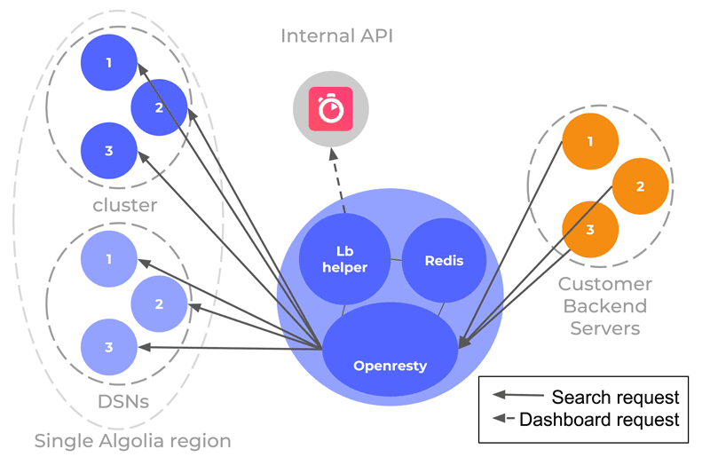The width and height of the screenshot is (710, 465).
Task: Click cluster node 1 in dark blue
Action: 108,63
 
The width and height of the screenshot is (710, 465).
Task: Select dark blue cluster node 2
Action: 159,107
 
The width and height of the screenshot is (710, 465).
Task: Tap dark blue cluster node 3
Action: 108,150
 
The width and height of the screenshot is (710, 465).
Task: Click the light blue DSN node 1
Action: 108,259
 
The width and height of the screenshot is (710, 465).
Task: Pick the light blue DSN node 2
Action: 159,303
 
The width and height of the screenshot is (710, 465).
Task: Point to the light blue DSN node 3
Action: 108,347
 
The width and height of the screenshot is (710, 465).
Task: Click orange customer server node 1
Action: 590,141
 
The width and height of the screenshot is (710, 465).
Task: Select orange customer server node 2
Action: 640,186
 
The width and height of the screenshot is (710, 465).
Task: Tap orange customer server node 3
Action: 590,230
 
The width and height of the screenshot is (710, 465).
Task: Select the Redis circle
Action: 444,260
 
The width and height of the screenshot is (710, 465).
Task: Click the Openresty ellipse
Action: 390,365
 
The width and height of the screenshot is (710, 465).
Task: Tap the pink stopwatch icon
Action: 331,109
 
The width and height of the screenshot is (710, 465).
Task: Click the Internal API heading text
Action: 336,36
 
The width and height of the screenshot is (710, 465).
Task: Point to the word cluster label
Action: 125,205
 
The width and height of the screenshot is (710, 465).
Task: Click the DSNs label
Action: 123,402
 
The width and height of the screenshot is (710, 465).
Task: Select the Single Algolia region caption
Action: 132,441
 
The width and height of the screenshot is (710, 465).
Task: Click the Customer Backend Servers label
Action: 604,306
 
